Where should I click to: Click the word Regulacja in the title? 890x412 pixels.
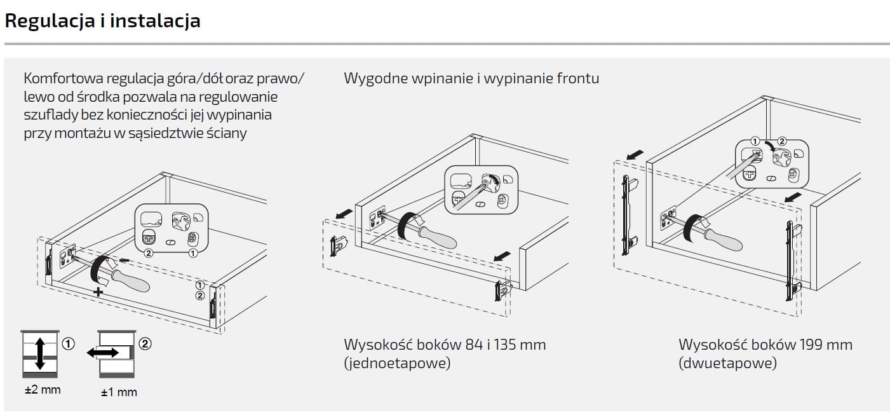50,21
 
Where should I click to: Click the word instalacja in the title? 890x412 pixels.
156,21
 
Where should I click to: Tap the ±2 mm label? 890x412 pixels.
43,389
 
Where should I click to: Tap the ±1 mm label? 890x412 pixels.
119,392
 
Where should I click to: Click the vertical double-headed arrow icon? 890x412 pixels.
40,354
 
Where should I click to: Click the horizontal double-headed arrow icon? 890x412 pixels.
103,353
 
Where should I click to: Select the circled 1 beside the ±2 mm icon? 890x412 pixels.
69,343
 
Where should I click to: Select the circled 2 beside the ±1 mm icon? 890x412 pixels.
145,343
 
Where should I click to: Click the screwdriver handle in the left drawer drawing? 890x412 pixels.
130,280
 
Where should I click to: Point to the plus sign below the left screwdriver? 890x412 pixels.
98,292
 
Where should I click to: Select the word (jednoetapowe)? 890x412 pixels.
397,363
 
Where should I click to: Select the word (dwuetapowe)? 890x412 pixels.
727,363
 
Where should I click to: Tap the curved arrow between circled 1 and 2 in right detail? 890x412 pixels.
769,146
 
